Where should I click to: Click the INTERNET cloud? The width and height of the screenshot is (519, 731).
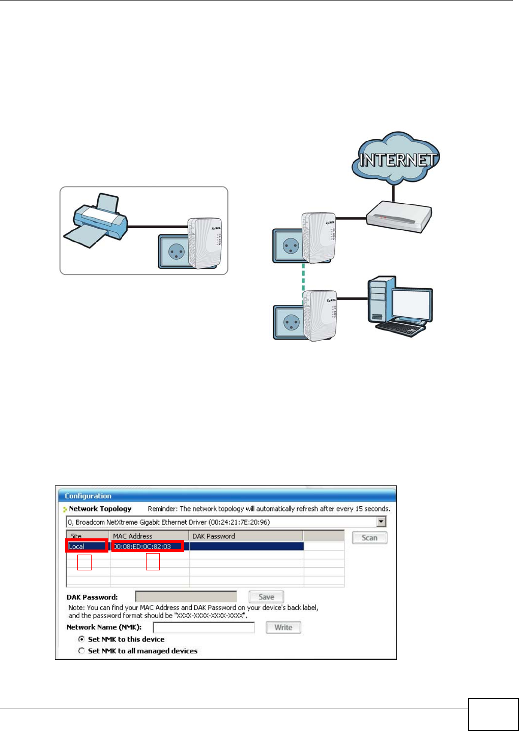[x=396, y=159]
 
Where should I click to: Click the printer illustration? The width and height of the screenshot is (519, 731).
[x=96, y=222]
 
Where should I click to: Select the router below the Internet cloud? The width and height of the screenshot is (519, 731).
[x=399, y=217]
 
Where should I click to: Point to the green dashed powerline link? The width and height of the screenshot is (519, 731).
[x=304, y=277]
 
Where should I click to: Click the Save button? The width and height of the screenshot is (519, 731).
[x=266, y=597]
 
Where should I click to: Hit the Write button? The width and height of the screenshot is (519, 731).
[x=283, y=627]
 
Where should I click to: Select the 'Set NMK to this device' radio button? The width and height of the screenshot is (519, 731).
[x=81, y=639]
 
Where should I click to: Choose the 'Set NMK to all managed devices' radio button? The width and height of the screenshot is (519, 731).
[x=81, y=651]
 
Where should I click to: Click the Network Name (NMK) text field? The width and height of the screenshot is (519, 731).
[x=204, y=627]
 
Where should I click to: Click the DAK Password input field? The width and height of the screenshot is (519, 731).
[x=186, y=597]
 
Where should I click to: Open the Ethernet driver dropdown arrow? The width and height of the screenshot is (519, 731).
[x=381, y=522]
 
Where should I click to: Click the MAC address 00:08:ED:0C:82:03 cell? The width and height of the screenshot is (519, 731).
[x=148, y=546]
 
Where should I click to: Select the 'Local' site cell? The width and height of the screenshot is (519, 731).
[x=86, y=546]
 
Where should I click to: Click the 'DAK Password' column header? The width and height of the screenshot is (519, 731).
[x=214, y=536]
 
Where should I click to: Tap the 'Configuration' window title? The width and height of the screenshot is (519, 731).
[x=88, y=496]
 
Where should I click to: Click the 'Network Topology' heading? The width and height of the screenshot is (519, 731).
[x=100, y=509]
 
